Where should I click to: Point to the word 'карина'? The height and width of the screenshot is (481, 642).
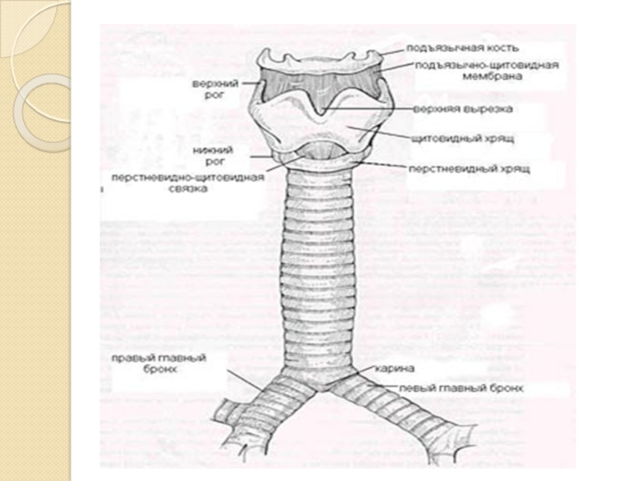(x=392, y=370)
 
